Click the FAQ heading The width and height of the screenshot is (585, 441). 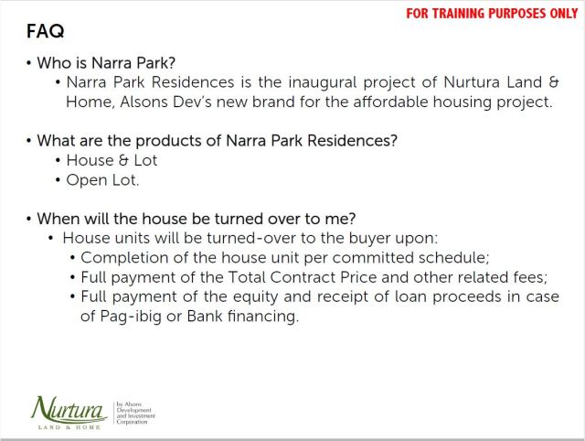point(46,32)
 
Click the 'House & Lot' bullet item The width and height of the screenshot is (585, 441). point(112,160)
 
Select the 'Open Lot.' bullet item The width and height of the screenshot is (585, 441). point(102,180)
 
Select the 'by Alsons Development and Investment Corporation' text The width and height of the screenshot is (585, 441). point(136,413)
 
